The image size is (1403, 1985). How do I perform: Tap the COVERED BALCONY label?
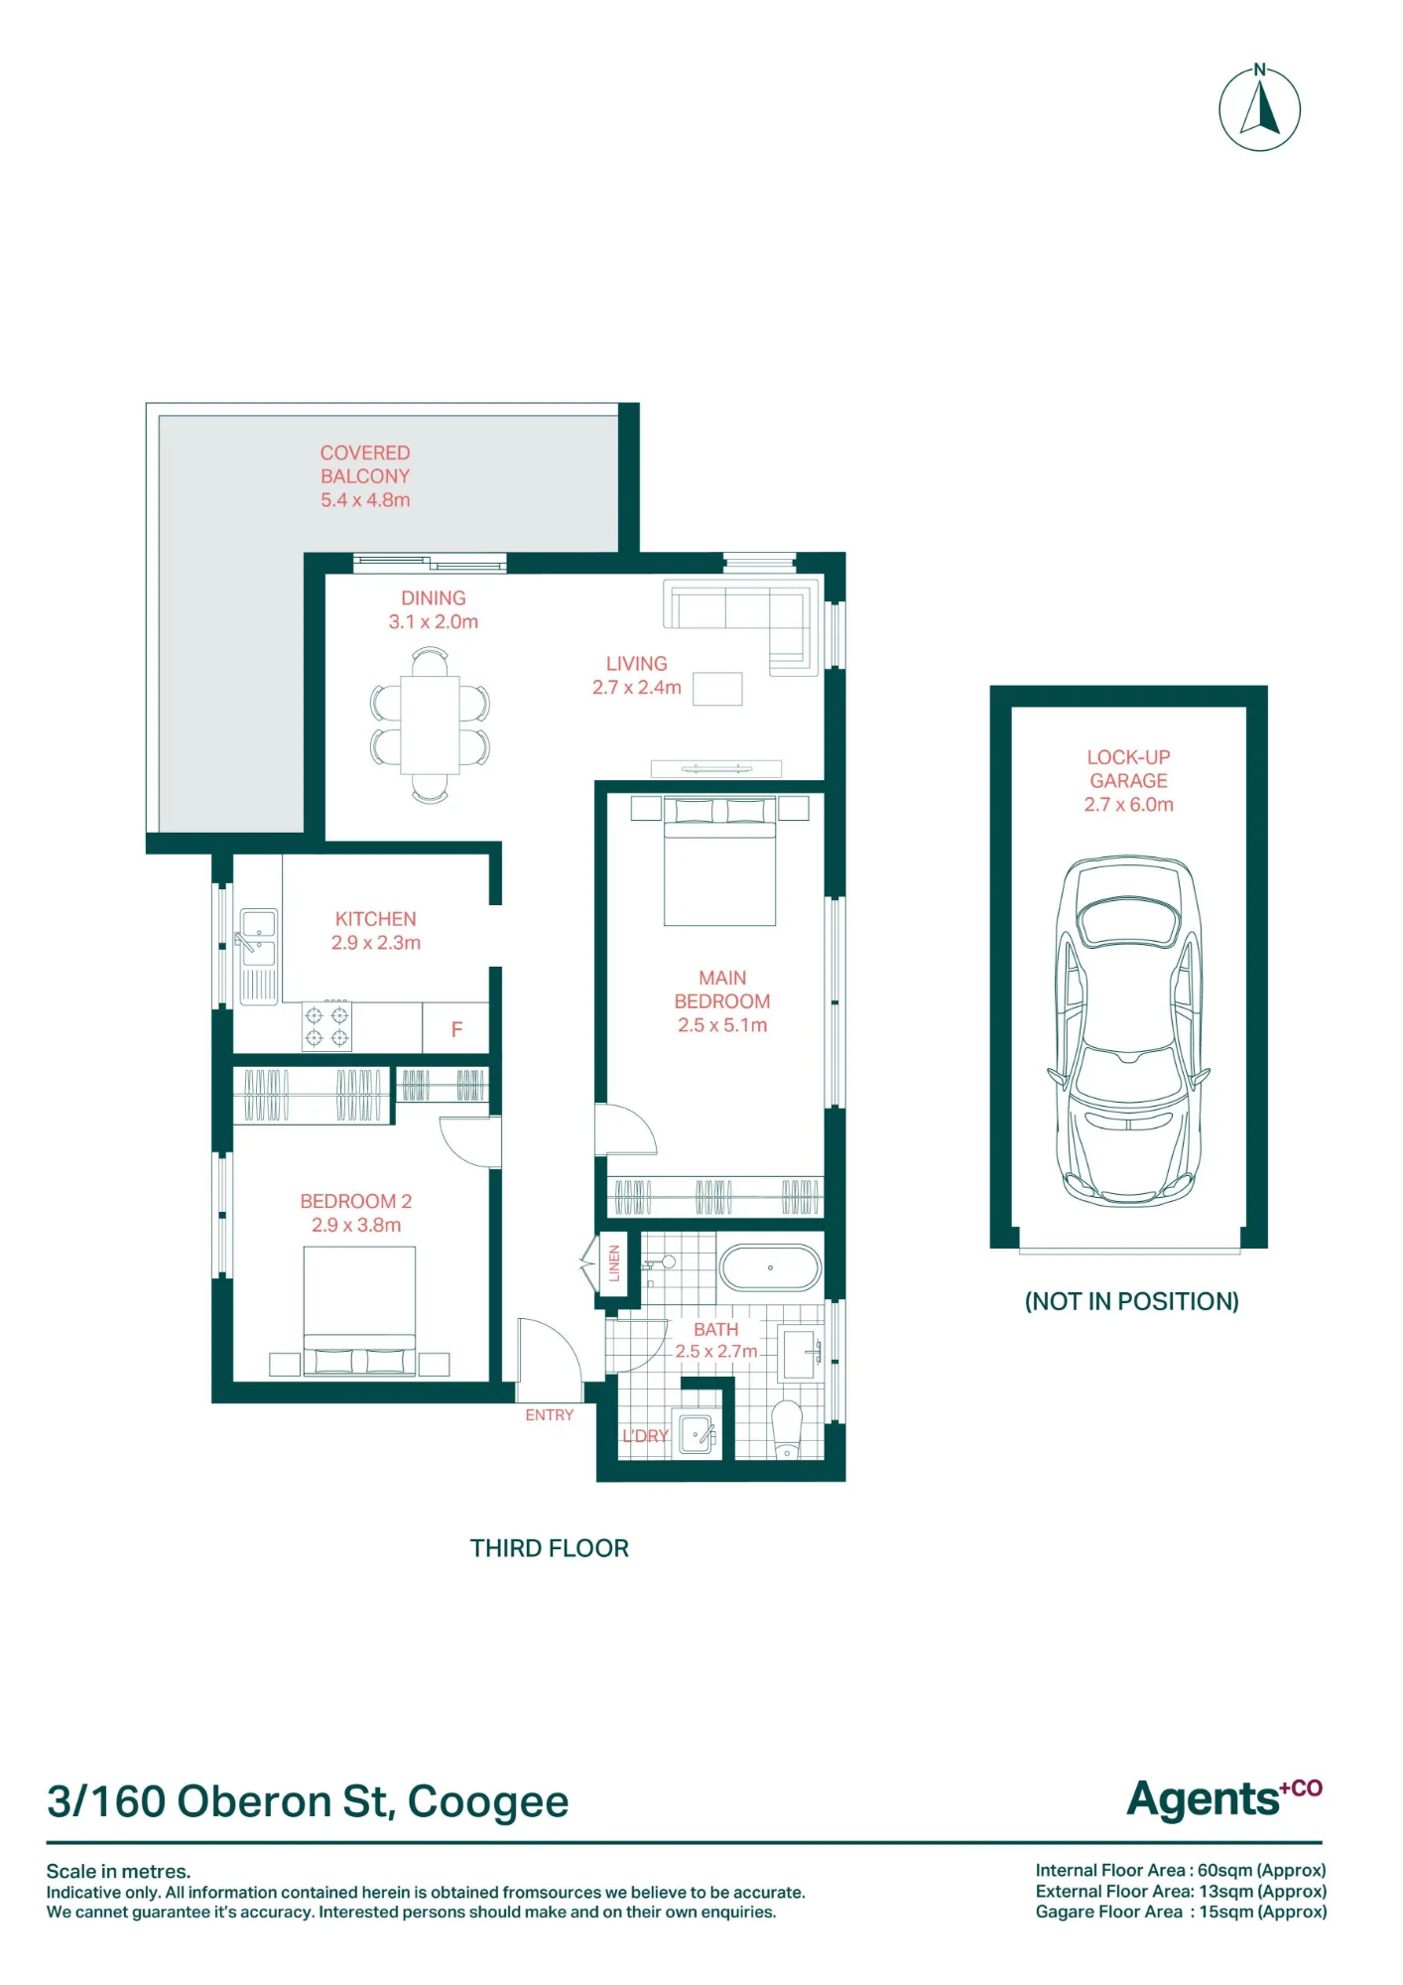365,476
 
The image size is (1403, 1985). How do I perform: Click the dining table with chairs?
430,725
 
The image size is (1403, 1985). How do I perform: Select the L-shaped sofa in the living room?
742,626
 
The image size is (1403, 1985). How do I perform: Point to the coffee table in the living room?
717,689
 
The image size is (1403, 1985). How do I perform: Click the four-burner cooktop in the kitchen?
326,1026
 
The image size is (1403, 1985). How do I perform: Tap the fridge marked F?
456,1028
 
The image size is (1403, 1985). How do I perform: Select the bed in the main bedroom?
719,860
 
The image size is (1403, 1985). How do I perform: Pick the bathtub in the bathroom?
770,1267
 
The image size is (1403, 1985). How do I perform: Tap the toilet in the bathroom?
787,1429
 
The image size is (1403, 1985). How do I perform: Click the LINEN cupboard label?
614,1263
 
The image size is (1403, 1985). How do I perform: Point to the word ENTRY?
550,1415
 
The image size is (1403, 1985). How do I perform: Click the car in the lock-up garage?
1129,1030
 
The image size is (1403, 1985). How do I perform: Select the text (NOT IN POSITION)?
1131,1301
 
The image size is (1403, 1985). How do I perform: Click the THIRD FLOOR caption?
550,1548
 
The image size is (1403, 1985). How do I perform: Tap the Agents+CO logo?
1224,1798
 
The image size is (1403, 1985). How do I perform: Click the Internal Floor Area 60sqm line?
1181,1870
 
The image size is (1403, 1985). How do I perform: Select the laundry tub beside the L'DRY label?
699,1433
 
